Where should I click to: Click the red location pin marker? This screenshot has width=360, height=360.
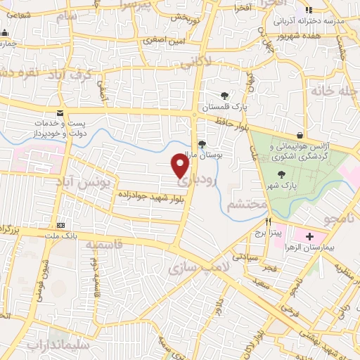tap(181, 165)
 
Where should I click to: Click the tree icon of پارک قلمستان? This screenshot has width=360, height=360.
tap(224, 95)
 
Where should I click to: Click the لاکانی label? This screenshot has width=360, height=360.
tap(195, 62)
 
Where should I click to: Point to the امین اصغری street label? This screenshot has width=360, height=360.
tap(163, 41)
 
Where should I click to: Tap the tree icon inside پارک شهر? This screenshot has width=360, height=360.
tap(281, 174)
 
